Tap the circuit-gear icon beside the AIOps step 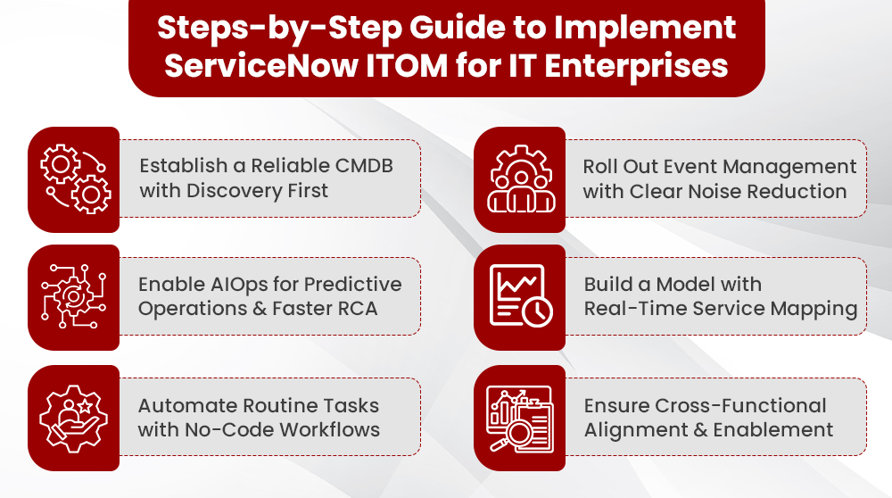[73, 297]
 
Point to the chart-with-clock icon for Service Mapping [520, 297]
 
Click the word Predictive [353, 284]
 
